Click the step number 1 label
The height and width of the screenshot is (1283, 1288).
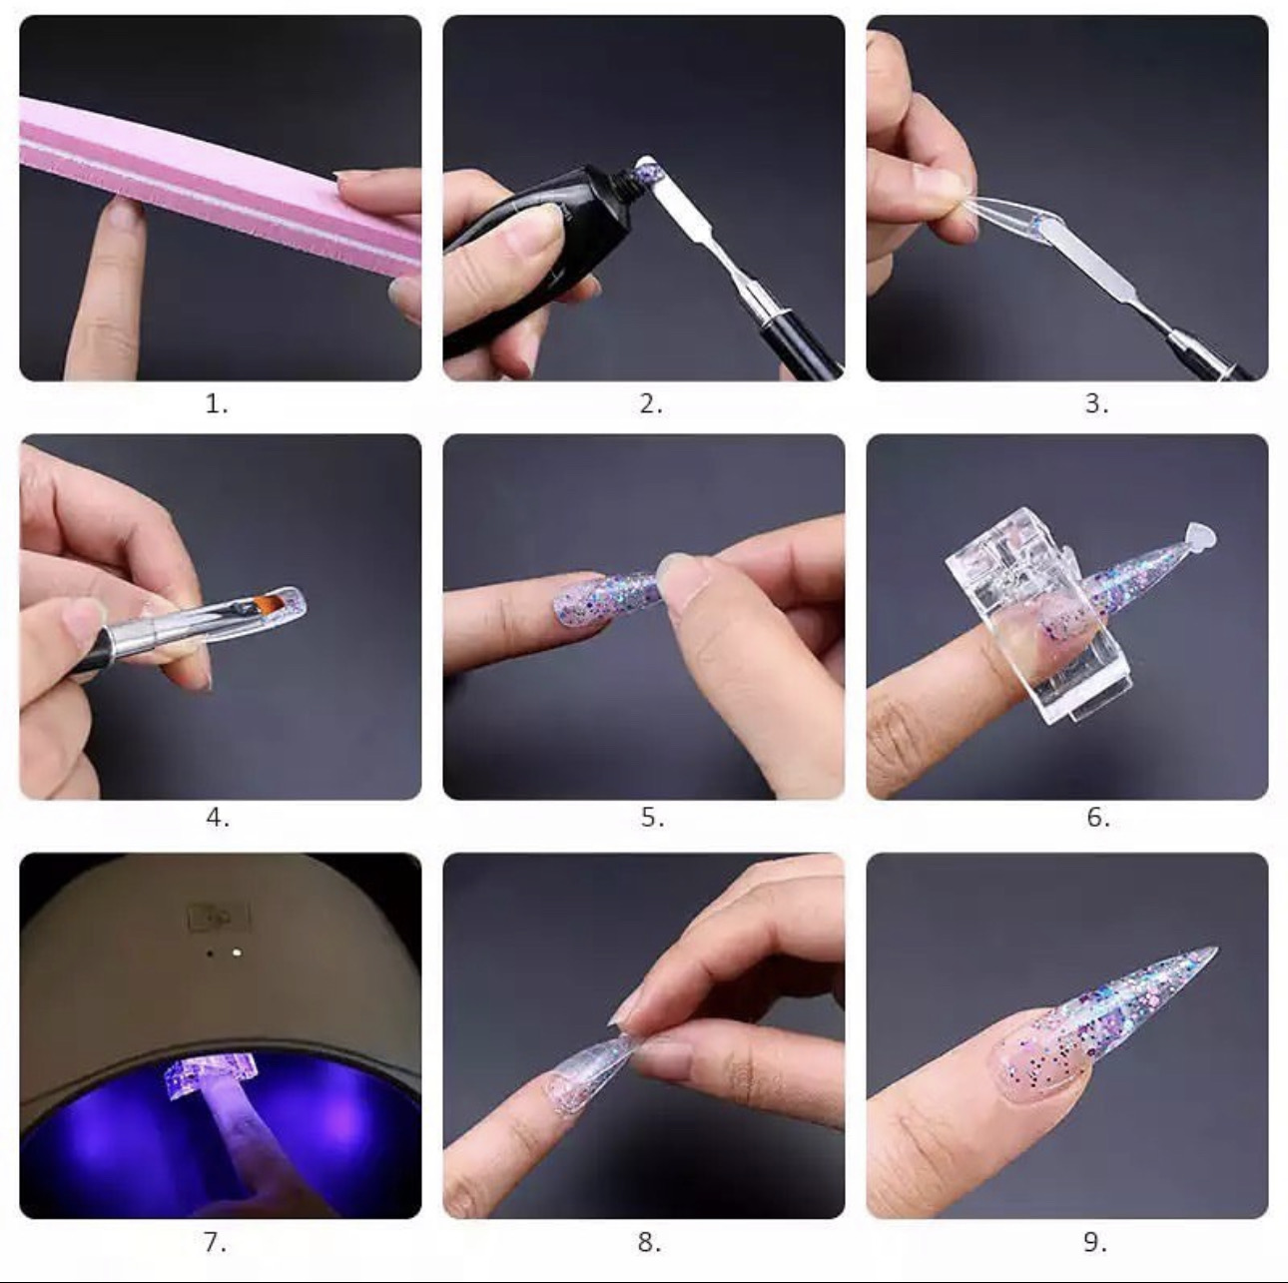click(x=216, y=403)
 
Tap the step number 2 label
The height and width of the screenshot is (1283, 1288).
click(x=650, y=403)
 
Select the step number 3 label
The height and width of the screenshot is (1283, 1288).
click(x=1096, y=403)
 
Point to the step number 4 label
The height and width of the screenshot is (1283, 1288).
click(x=218, y=817)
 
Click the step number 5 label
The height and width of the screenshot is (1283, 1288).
click(x=652, y=817)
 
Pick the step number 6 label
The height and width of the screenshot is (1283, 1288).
click(x=1097, y=817)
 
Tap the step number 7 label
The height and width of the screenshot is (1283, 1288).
click(x=215, y=1242)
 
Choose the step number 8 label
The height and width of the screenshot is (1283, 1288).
click(x=649, y=1242)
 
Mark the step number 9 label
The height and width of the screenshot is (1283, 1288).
click(x=1095, y=1242)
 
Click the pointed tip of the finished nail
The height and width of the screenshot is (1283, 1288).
click(x=1216, y=949)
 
